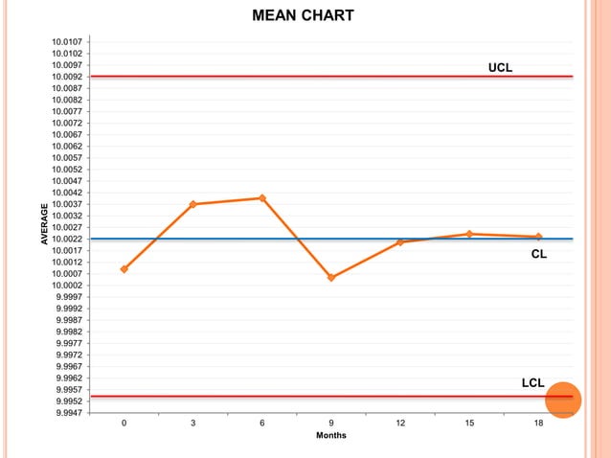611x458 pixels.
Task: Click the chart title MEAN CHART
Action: [303, 16]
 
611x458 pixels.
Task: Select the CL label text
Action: [539, 256]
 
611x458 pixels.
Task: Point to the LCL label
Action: [533, 383]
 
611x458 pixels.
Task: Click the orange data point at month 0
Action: [124, 269]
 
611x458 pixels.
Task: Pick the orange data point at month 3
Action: [193, 204]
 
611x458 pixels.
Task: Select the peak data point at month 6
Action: [262, 198]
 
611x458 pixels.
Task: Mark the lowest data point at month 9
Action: [331, 278]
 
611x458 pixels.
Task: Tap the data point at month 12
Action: [400, 242]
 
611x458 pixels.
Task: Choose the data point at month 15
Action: [469, 234]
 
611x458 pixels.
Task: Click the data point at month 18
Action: [538, 237]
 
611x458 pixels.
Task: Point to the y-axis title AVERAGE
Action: [43, 226]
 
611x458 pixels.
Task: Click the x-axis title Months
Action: [331, 436]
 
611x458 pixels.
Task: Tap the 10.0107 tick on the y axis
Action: [73, 42]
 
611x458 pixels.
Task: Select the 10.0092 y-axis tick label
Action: [73, 77]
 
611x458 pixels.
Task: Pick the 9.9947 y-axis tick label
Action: [73, 413]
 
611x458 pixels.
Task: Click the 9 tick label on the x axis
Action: [331, 423]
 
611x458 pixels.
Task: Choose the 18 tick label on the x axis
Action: [538, 423]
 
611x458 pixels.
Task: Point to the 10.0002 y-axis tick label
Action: [73, 286]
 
